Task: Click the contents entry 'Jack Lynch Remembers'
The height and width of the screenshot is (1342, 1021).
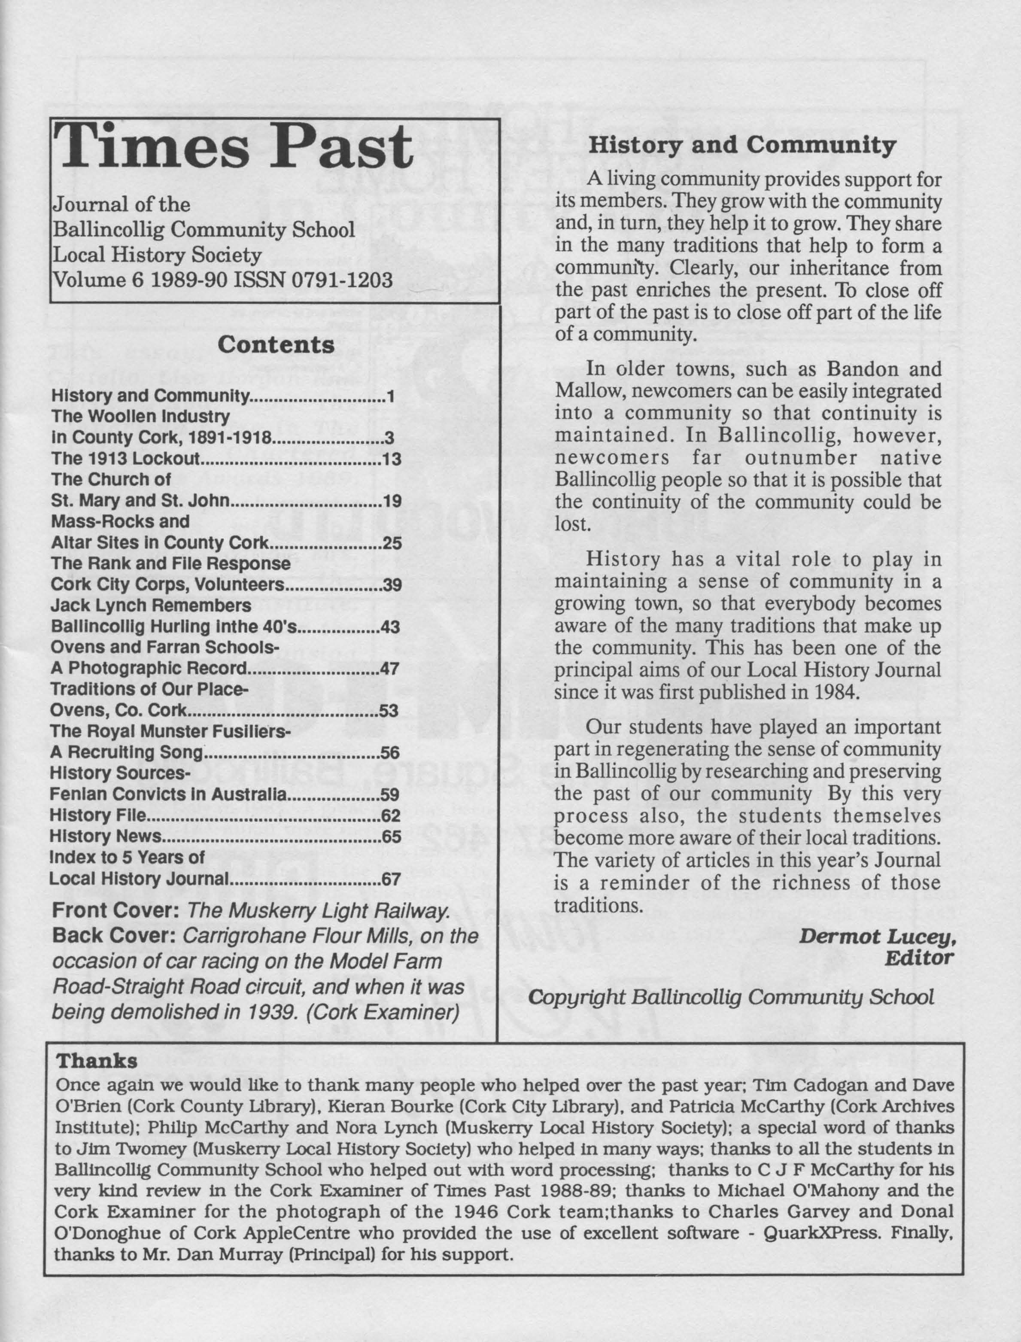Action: pyautogui.click(x=151, y=606)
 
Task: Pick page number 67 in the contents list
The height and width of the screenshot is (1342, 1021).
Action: pyautogui.click(x=392, y=879)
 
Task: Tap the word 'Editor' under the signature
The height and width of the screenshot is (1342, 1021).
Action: pyautogui.click(x=919, y=959)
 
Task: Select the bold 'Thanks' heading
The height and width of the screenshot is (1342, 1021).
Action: pyautogui.click(x=97, y=1061)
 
